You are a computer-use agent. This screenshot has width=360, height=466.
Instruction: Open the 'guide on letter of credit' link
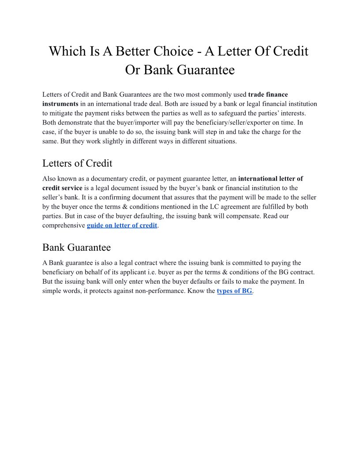click(122, 225)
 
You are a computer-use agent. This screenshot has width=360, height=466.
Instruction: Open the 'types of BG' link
click(234, 291)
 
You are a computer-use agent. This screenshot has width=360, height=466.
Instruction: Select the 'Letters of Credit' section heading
click(77, 163)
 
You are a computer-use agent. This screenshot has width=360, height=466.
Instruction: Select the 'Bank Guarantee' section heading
click(76, 247)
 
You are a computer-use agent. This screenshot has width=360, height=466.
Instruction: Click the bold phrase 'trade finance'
click(268, 95)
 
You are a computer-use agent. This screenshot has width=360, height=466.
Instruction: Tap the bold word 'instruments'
click(60, 104)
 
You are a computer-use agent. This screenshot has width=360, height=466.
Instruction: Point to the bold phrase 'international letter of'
click(270, 179)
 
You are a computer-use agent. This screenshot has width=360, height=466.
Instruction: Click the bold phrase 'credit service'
click(62, 188)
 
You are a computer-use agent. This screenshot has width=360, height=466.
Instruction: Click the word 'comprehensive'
click(64, 225)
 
